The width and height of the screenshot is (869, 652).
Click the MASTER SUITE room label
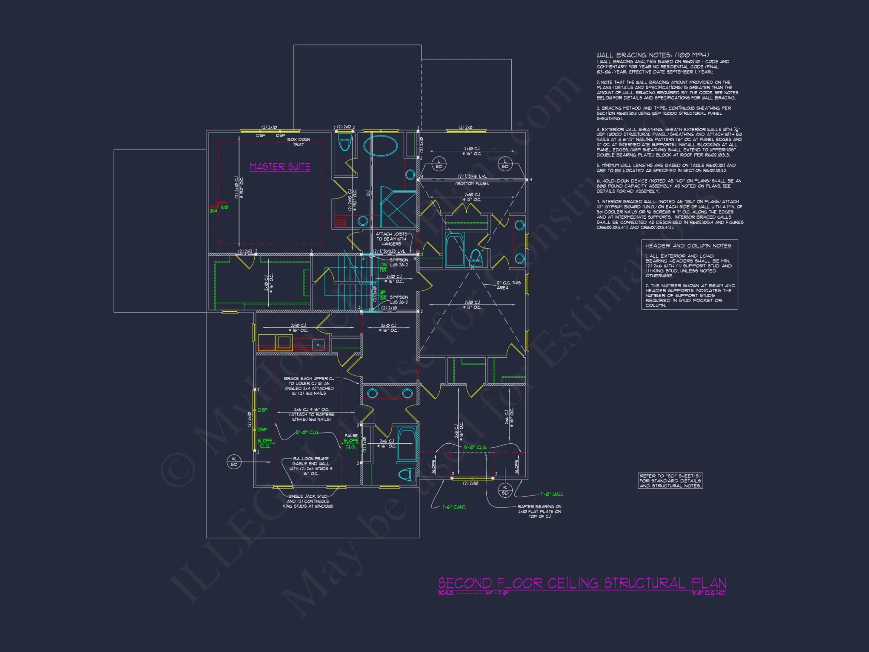pyautogui.click(x=280, y=167)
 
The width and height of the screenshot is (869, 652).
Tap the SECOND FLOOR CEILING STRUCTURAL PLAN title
pyautogui.click(x=582, y=583)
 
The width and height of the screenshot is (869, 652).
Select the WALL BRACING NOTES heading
pyautogui.click(x=653, y=55)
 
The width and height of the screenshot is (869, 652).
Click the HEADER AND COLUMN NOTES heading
pyautogui.click(x=688, y=246)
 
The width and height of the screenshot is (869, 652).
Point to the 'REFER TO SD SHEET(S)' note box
pyautogui.click(x=670, y=481)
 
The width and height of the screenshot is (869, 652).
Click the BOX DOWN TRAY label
pyautogui.click(x=299, y=142)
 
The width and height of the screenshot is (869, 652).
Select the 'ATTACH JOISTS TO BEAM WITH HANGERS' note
pyautogui.click(x=391, y=239)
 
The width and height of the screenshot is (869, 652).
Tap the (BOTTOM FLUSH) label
pyautogui.click(x=472, y=183)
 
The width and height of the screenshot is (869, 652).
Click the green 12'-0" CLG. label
pyautogui.click(x=307, y=432)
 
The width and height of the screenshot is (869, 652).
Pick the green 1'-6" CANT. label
pyautogui.click(x=454, y=507)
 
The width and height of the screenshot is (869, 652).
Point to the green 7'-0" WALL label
pyautogui.click(x=552, y=494)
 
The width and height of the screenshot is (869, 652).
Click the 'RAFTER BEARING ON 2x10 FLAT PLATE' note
pyautogui.click(x=539, y=511)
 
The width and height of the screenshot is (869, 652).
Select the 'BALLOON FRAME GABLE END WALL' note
pyautogui.click(x=311, y=466)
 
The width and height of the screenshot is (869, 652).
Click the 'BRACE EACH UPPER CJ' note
pyautogui.click(x=309, y=386)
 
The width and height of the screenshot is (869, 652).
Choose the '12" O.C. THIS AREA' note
pyautogui.click(x=508, y=285)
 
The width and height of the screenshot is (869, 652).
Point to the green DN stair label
pyautogui.click(x=383, y=265)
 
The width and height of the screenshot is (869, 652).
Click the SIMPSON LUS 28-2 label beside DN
pyautogui.click(x=399, y=262)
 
